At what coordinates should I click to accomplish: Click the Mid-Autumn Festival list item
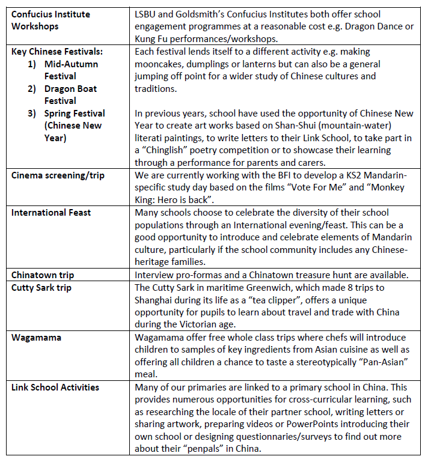pos(71,70)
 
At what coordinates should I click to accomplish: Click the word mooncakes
pos(159,76)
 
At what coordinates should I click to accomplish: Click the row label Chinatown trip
pos(43,275)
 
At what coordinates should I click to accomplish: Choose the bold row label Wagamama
pos(36,338)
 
